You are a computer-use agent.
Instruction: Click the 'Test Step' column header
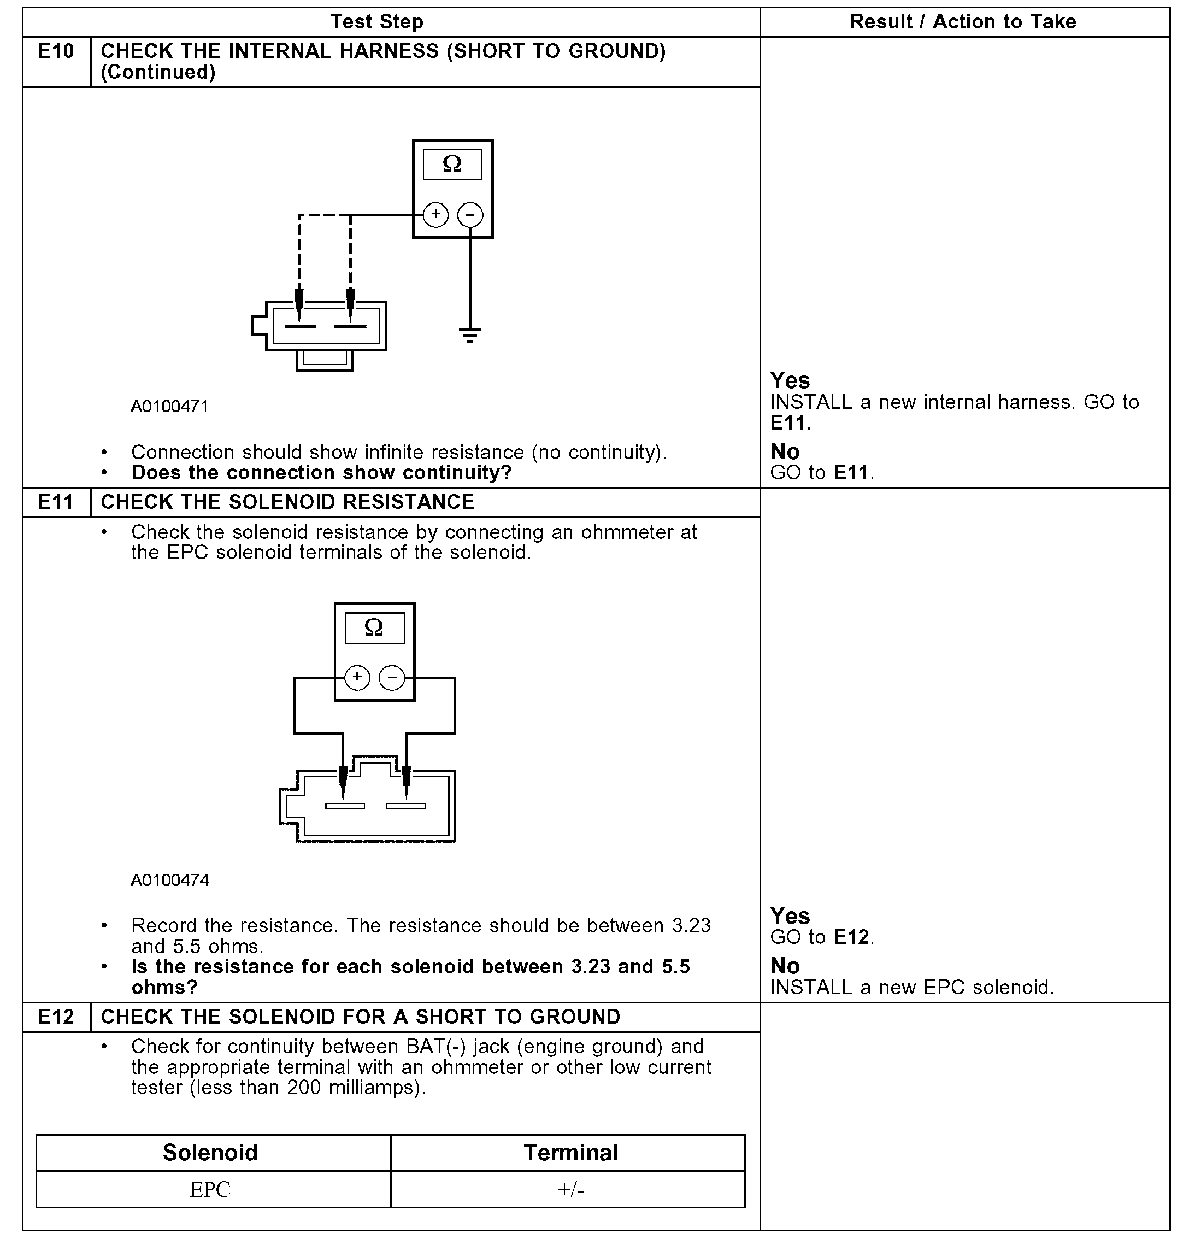point(377,22)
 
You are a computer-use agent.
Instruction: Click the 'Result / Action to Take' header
point(963,22)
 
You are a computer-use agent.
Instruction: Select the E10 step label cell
point(56,51)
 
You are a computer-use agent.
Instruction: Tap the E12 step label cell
point(56,1017)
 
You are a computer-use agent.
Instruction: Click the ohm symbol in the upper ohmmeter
point(452,164)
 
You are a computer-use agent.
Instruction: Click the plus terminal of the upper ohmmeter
point(435,214)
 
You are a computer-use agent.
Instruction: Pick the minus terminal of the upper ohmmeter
point(470,214)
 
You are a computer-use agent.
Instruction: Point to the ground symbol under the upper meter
point(469,334)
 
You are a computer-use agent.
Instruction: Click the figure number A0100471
point(169,407)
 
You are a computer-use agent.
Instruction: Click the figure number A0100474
point(170,880)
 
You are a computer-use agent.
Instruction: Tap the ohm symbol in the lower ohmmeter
point(374,627)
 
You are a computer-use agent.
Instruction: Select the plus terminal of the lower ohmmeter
point(357,678)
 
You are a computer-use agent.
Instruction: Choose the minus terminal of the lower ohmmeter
point(392,678)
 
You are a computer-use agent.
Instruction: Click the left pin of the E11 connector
point(345,806)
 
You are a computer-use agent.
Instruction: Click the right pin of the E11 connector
point(406,806)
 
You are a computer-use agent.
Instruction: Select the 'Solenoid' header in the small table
point(210,1153)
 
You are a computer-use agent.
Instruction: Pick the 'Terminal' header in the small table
point(570,1153)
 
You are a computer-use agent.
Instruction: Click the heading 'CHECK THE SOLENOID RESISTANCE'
point(287,502)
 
